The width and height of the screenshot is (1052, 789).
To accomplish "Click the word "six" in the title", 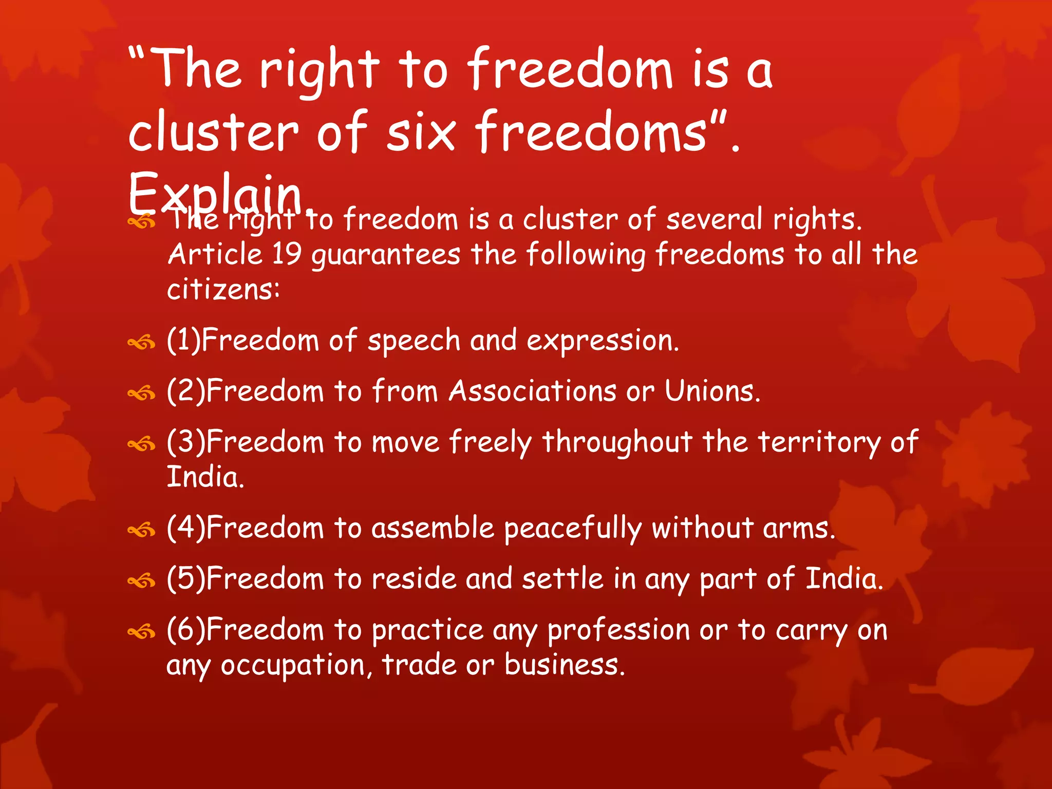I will pos(421,133).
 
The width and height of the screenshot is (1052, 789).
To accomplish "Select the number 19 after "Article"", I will pos(287,254).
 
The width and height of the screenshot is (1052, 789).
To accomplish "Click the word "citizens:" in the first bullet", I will pos(223,289).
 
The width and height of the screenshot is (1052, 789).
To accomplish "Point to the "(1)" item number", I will pos(183,341).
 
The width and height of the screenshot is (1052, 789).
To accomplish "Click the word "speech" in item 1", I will pos(414,342).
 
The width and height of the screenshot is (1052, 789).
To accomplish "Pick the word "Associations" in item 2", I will pos(532,391).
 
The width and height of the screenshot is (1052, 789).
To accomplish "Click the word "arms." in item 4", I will pos(799,529).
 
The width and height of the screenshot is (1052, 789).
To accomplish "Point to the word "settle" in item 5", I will pos(562,579).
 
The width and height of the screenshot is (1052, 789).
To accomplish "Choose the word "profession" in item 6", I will pos(618,631).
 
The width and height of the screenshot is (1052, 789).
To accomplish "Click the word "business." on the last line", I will pos(564,665).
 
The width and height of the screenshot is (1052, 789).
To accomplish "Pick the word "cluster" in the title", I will pos(213,133).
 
